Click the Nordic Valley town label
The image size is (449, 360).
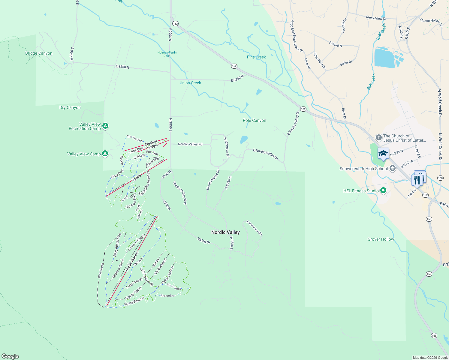(225, 232)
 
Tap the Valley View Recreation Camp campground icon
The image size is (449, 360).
(105, 126)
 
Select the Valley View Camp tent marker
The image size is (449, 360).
(105, 154)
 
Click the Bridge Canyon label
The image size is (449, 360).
(39, 53)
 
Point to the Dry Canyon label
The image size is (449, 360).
(70, 108)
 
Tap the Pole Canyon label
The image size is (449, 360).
(255, 121)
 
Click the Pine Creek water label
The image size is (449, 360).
(256, 57)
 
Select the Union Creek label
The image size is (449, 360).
(190, 83)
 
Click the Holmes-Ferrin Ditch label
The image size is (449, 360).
(167, 54)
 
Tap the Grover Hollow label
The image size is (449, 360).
(381, 239)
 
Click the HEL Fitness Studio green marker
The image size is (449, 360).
(383, 190)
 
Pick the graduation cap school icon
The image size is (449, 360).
(383, 154)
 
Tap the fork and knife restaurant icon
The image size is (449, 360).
(417, 180)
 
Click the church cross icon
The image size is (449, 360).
(378, 138)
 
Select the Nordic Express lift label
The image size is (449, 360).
(132, 261)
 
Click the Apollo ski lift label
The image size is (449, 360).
(137, 178)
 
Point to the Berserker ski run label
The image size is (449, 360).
(167, 296)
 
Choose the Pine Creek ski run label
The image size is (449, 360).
(101, 271)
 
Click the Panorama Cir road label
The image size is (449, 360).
(254, 228)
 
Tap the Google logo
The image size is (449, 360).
(10, 356)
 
